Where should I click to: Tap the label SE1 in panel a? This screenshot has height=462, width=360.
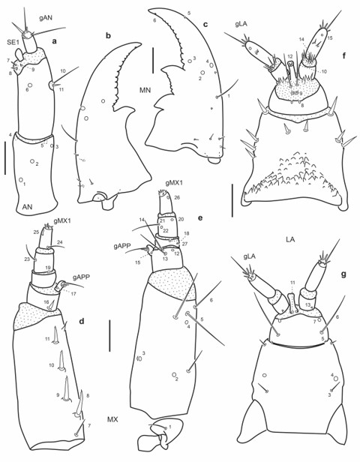(x=13, y=43)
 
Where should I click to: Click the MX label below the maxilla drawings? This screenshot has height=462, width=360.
(x=112, y=439)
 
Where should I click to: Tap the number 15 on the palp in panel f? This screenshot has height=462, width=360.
(x=330, y=37)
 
